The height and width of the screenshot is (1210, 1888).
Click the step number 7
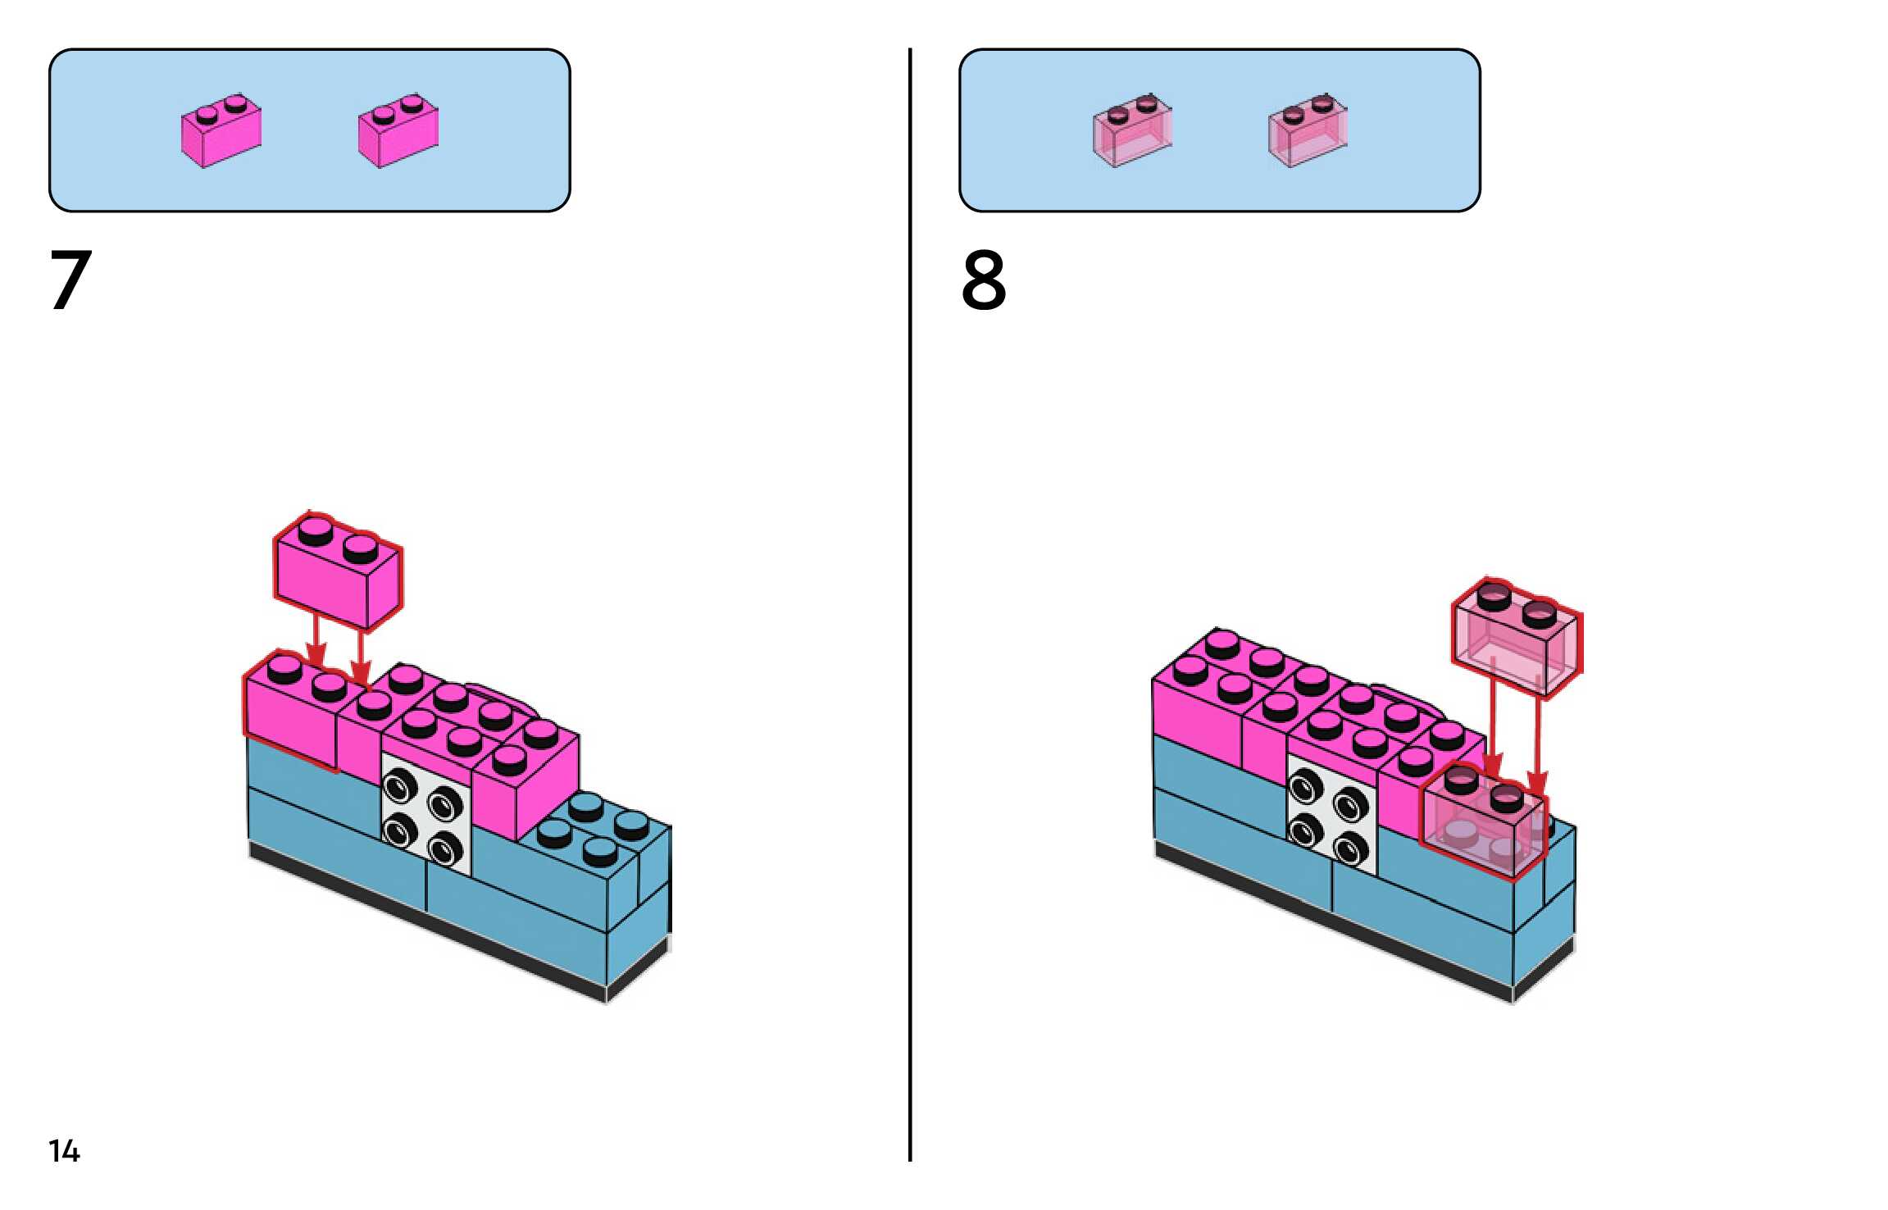pos(71,280)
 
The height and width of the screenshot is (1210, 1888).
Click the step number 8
pos(984,280)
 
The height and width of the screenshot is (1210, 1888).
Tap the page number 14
pos(64,1151)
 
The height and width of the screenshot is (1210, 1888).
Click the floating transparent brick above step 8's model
pos(1517,639)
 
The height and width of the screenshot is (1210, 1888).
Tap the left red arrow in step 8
pos(1493,721)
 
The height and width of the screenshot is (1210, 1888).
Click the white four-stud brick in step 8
pos(1331,812)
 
